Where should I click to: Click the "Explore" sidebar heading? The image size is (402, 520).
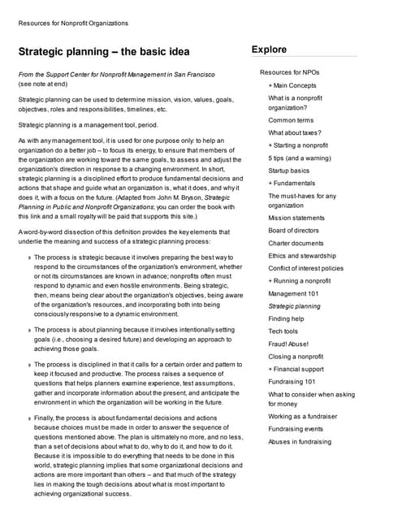[269, 50]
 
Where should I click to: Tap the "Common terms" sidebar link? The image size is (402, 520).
[291, 120]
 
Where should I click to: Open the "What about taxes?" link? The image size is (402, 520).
[295, 132]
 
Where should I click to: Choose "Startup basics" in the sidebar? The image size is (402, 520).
[288, 171]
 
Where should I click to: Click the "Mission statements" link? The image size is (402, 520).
[296, 218]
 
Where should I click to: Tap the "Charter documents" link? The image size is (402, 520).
[296, 243]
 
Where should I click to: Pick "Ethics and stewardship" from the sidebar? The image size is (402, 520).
[302, 256]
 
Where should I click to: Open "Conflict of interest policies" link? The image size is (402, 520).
[305, 268]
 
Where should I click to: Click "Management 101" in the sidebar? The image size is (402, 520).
[293, 293]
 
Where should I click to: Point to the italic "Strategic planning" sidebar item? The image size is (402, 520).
[294, 306]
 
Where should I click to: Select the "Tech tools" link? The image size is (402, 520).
[283, 331]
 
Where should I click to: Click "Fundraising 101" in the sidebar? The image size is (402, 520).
[292, 382]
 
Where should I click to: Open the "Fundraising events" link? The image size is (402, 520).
[296, 429]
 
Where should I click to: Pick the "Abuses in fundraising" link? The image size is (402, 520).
[300, 442]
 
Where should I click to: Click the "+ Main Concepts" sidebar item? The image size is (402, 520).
[292, 85]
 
